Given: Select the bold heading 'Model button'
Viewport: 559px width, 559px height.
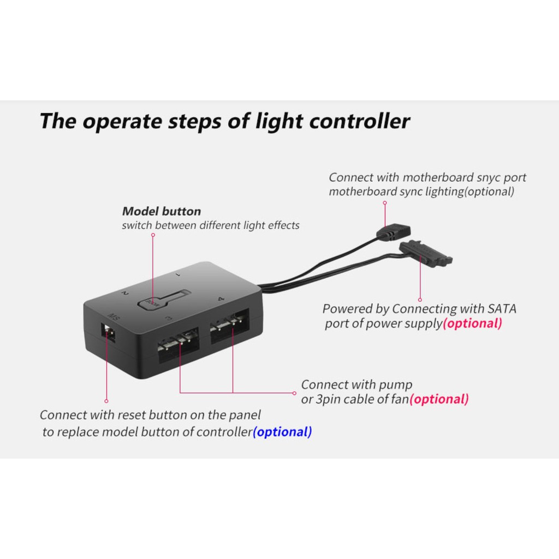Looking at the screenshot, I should [161, 211].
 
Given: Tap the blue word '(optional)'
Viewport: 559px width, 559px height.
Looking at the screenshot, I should [282, 432].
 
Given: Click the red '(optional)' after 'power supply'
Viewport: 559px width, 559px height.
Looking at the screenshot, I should [472, 323].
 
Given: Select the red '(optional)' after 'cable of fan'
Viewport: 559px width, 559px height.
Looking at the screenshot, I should [439, 399].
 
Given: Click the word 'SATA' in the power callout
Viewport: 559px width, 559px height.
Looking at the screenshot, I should [502, 309].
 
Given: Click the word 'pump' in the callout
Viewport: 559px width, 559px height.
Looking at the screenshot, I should [397, 385].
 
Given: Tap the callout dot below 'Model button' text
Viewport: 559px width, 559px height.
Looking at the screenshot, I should [153, 235].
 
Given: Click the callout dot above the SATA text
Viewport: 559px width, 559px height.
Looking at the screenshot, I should [420, 299].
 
